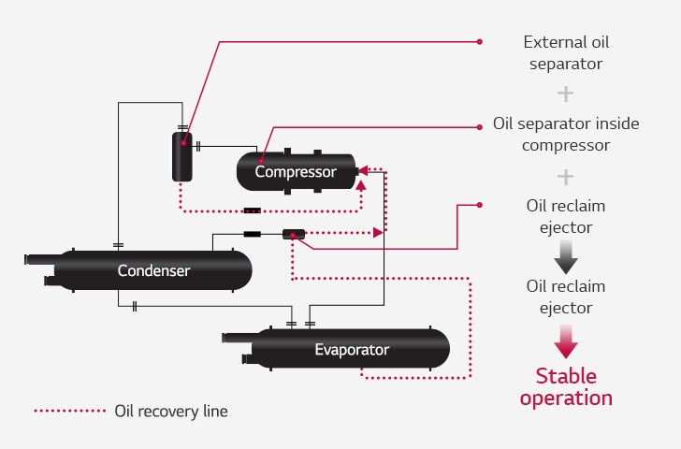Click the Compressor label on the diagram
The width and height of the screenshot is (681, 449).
296,172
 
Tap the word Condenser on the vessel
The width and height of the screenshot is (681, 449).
153,271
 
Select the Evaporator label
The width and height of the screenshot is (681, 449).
351,350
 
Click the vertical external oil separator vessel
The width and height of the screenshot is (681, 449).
181,156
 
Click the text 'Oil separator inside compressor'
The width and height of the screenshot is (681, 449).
565,135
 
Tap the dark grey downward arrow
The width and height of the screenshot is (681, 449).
566,254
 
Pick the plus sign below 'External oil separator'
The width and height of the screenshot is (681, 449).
565,94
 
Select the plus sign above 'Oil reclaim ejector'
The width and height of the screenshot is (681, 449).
565,176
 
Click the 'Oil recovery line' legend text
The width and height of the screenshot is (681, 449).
170,411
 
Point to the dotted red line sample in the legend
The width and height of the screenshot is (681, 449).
70,411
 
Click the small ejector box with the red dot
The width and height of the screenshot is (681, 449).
294,234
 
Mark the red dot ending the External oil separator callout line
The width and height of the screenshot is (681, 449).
480,41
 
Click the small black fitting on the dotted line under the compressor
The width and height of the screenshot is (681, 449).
252,210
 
